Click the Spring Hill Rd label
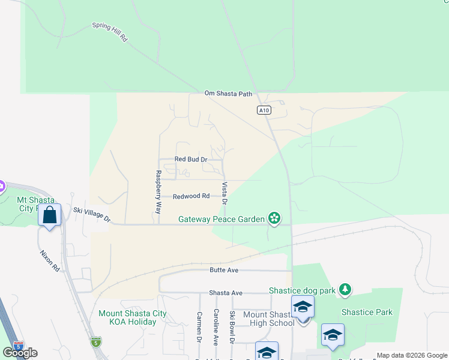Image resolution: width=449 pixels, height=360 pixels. pos(110,32)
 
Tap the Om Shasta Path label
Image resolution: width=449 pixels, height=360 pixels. pos(229,93)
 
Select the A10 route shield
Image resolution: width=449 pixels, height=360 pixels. pos(264,110)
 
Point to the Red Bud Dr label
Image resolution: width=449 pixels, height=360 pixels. pos(190,160)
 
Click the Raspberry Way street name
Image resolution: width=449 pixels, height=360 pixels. pos(158,193)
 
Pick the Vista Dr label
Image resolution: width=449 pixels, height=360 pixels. pos(224,193)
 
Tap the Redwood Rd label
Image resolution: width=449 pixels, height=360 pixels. pos(191,196)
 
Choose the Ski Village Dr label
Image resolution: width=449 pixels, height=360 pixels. pos(92,214)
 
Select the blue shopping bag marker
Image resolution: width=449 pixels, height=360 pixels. pos(50,215)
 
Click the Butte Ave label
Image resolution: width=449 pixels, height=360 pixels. pos(224,271)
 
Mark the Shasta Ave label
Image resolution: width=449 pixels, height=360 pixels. pos(225,293)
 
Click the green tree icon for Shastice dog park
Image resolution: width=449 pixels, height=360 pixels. pos(345,290)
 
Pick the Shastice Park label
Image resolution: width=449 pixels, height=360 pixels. pos(367,312)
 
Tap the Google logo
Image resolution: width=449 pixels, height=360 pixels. pos(20,353)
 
